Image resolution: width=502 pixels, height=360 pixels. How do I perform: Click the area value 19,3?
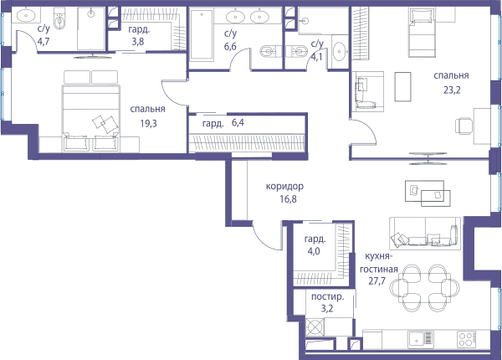[149, 123]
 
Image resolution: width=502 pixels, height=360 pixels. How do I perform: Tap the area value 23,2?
[452, 90]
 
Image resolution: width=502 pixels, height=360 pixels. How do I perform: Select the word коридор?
[284, 186]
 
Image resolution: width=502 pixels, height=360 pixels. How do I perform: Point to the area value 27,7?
[376, 281]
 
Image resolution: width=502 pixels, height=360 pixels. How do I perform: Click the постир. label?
[327, 296]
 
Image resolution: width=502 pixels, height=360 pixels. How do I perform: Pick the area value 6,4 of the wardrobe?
[238, 122]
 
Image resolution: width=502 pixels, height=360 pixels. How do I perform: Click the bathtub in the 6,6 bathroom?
[202, 35]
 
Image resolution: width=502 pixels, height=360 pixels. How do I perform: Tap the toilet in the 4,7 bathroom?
[59, 20]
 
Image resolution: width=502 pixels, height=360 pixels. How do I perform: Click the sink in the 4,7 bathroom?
[26, 15]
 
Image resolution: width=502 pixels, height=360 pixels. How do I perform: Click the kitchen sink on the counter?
[421, 339]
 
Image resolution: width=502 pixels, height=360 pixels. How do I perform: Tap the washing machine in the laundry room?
[315, 327]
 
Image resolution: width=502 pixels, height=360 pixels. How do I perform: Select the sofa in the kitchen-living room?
[425, 234]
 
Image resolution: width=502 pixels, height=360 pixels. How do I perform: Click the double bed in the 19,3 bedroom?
[91, 118]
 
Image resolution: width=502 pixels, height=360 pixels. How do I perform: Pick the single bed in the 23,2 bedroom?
[422, 33]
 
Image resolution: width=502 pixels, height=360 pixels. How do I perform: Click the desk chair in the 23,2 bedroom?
[464, 126]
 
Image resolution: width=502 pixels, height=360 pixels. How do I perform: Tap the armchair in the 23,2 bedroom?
[367, 91]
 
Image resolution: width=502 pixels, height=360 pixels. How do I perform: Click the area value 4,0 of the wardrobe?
[314, 251]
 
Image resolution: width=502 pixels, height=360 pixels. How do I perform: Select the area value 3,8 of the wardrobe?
[138, 42]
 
